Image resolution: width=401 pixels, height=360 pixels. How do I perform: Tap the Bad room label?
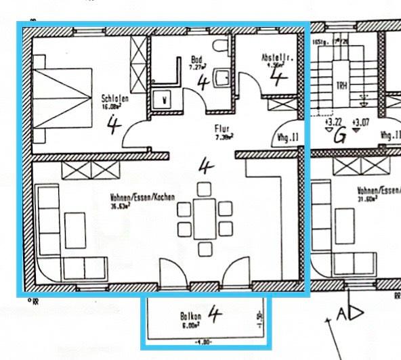(196, 59)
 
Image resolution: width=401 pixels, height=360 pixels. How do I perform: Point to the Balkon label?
(189, 316)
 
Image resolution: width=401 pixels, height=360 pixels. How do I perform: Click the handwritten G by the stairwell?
(339, 135)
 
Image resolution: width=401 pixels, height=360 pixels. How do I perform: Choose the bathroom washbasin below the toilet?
(220, 79)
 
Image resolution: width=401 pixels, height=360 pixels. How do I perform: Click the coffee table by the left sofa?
(75, 229)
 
